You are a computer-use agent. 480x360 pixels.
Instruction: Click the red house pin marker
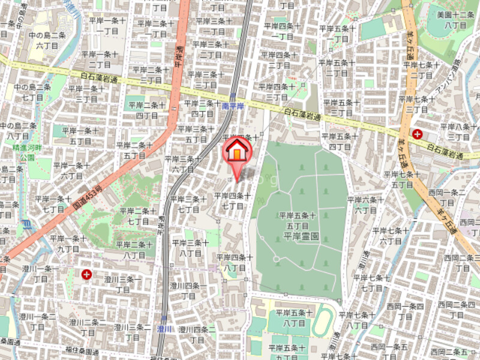point(238,152)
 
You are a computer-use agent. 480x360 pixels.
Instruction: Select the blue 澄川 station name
point(164,329)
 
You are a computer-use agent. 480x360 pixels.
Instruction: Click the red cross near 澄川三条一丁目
point(88,275)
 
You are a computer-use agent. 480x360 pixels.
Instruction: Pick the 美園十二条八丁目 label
point(455,19)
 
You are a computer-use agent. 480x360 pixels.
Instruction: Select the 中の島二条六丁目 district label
point(46,40)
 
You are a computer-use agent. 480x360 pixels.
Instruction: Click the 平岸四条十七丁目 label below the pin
point(232,200)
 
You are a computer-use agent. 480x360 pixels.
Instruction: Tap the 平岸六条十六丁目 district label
point(365,205)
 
